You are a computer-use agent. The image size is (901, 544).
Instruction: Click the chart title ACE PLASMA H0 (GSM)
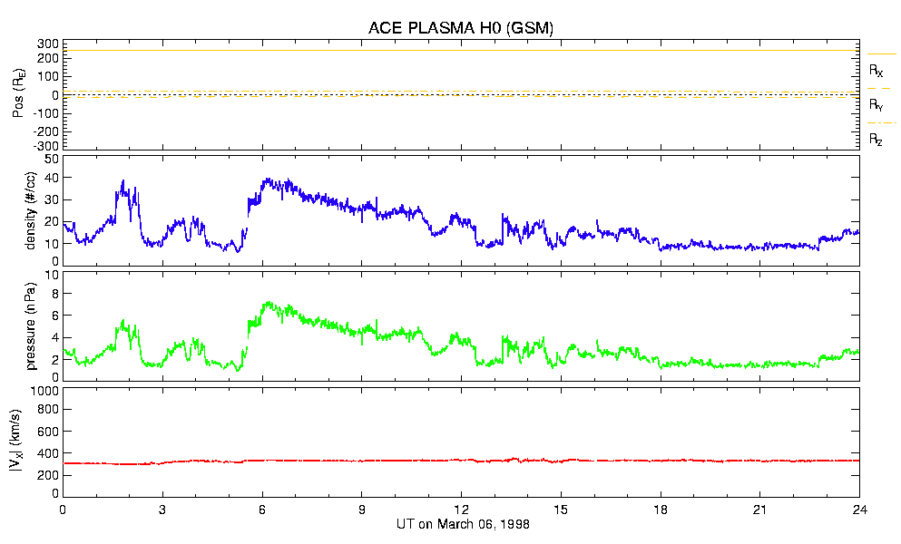pyautogui.click(x=461, y=28)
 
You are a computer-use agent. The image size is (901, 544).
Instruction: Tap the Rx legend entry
pyautogui.click(x=876, y=69)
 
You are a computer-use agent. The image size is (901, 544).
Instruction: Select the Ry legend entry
pyautogui.click(x=876, y=105)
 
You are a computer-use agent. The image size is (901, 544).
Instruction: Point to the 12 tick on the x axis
pyautogui.click(x=461, y=509)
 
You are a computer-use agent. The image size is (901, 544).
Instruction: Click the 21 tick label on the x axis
pyautogui.click(x=760, y=509)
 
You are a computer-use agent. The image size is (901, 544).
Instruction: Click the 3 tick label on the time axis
pyautogui.click(x=162, y=509)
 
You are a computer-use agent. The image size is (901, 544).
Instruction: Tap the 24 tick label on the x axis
pyautogui.click(x=859, y=509)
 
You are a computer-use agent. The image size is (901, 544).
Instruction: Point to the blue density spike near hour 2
pyautogui.click(x=123, y=181)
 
